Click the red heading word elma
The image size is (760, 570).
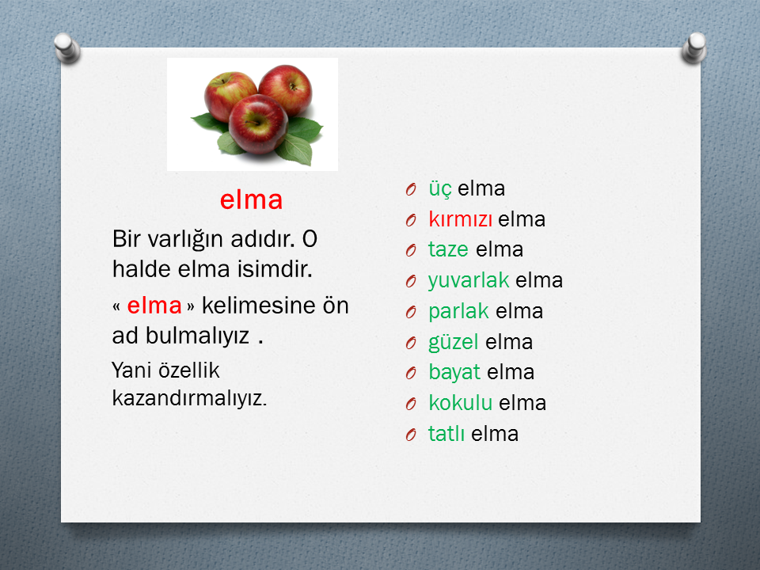pyautogui.click(x=251, y=199)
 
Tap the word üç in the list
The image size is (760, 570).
pyautogui.click(x=439, y=189)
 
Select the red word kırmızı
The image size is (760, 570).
pyautogui.click(x=460, y=219)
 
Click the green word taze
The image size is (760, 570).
pyautogui.click(x=448, y=249)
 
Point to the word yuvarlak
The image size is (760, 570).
pyautogui.click(x=468, y=280)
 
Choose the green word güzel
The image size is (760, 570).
pyautogui.click(x=453, y=342)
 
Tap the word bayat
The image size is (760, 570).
pyautogui.click(x=454, y=372)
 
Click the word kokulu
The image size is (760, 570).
pyautogui.click(x=460, y=403)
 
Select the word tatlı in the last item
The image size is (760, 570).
pyautogui.click(x=446, y=434)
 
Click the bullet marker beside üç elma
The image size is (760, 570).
pyautogui.click(x=411, y=189)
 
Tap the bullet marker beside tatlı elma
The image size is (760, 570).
pyautogui.click(x=411, y=435)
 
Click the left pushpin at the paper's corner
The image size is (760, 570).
pyautogui.click(x=66, y=47)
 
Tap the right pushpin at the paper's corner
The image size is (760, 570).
pyautogui.click(x=694, y=47)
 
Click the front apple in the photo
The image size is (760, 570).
pyautogui.click(x=258, y=123)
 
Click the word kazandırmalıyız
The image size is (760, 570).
pyautogui.click(x=189, y=398)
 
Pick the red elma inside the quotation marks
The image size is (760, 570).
pyautogui.click(x=154, y=306)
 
